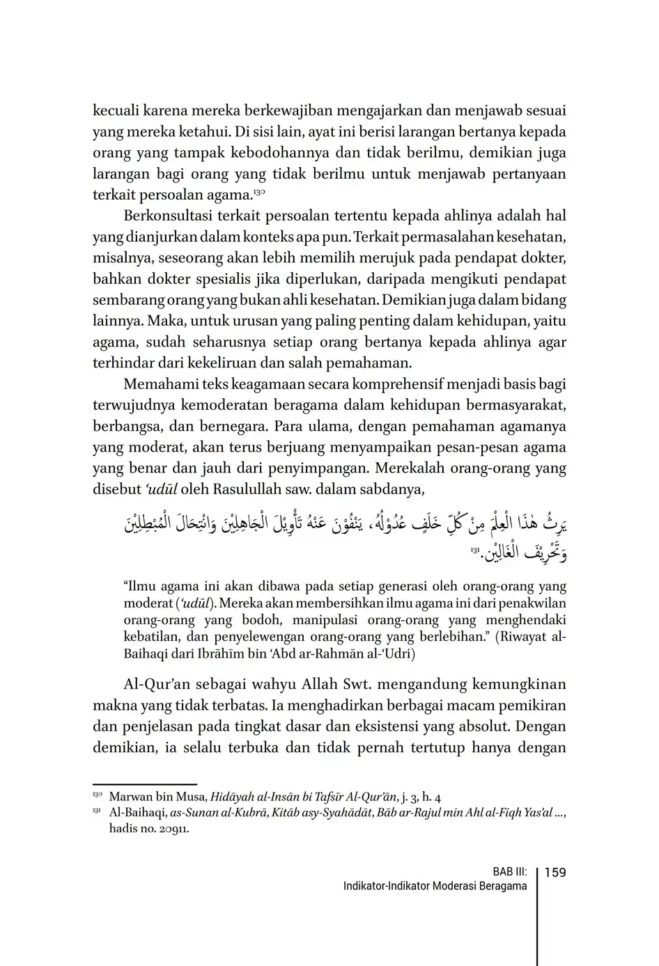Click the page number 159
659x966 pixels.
555,872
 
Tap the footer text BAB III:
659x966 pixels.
509,872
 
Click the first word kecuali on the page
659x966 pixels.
115,111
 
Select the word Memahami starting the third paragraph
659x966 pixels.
156,384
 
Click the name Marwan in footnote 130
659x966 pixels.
130,797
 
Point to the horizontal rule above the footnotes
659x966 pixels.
145,784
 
